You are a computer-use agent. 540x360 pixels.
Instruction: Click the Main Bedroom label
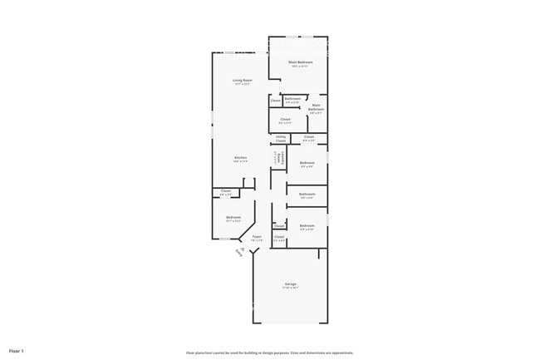coord(298,62)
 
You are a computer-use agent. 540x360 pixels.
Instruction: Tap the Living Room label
coord(243,80)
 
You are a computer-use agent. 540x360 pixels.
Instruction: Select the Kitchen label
coord(240,157)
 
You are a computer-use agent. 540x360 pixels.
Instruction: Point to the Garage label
coord(291,284)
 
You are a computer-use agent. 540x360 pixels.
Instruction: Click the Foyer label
coord(257,236)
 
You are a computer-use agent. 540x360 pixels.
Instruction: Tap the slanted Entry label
coord(241,253)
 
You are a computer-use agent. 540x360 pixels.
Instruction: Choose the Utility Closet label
coord(281,139)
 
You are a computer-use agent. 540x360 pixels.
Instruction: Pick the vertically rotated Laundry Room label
coord(278,158)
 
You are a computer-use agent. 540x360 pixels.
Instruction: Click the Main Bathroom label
coord(316,107)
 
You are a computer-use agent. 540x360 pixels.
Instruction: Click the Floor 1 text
coord(17,351)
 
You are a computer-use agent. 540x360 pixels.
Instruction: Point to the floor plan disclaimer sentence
coord(269,353)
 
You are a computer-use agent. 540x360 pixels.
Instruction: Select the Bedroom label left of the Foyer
coord(233,218)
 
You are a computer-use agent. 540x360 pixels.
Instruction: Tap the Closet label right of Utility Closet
coord(308,136)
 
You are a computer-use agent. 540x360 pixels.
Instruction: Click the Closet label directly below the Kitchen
coord(226,191)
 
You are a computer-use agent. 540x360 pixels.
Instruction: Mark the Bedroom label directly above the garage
coord(307,225)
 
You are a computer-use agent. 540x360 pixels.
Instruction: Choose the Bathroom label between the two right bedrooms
coord(307,194)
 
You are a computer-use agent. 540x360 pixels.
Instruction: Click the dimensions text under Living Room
coord(243,84)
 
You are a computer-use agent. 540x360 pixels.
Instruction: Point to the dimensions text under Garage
coord(291,288)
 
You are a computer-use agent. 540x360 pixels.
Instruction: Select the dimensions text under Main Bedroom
coord(298,66)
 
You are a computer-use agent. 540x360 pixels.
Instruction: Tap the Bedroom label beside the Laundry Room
coord(307,162)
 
